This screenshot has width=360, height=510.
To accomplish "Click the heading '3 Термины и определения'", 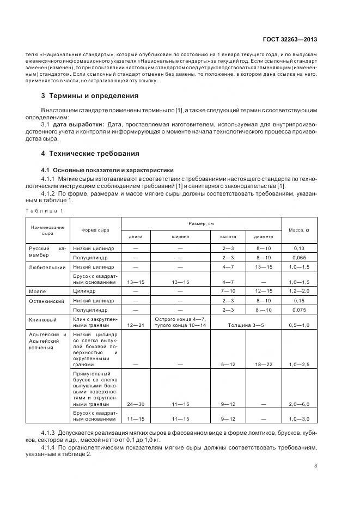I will (x=90, y=96).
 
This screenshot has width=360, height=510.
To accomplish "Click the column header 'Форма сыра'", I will (x=95, y=230).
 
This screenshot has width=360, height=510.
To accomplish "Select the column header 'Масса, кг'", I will (x=300, y=230).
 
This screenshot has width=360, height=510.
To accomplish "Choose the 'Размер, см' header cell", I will (x=200, y=223).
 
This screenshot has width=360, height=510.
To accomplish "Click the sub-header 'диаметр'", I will (x=263, y=236).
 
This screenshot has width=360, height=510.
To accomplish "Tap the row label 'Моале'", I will (x=38, y=292).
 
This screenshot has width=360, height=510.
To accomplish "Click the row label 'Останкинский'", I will (x=47, y=300).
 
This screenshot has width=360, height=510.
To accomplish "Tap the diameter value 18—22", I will (x=263, y=364).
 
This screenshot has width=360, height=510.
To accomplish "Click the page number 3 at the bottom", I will (x=315, y=465).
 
